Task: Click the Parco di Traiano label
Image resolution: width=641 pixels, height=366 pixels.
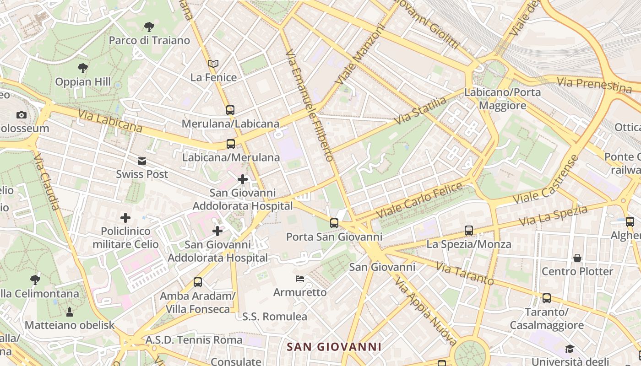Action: click(x=149, y=40)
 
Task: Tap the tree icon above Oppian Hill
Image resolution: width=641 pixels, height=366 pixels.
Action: click(x=83, y=68)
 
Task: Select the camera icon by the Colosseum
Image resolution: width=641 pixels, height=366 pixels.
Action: click(x=21, y=115)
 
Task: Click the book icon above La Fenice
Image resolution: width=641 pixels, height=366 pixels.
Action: click(x=213, y=64)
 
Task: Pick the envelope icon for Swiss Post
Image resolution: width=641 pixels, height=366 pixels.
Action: click(x=142, y=161)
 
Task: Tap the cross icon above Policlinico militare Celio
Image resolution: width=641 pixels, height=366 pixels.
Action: click(x=125, y=218)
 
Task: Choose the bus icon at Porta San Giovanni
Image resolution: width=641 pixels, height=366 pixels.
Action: click(x=334, y=223)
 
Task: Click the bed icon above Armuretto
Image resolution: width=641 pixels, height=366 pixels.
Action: click(x=300, y=278)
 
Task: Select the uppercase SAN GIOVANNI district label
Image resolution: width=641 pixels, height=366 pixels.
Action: click(x=334, y=347)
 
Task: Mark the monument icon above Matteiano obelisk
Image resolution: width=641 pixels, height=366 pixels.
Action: click(x=70, y=312)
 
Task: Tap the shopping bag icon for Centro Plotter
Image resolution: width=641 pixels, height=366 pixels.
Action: click(x=577, y=258)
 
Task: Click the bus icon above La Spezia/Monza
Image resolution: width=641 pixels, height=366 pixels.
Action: click(x=469, y=231)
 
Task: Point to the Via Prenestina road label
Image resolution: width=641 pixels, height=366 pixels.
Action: click(x=594, y=84)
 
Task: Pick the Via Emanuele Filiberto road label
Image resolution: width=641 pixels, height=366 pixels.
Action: click(x=309, y=105)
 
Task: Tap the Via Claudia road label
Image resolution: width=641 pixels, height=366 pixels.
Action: click(x=47, y=182)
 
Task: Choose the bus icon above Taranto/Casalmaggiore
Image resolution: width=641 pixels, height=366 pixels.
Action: click(x=547, y=298)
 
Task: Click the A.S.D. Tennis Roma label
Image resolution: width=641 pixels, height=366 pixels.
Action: click(x=194, y=340)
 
